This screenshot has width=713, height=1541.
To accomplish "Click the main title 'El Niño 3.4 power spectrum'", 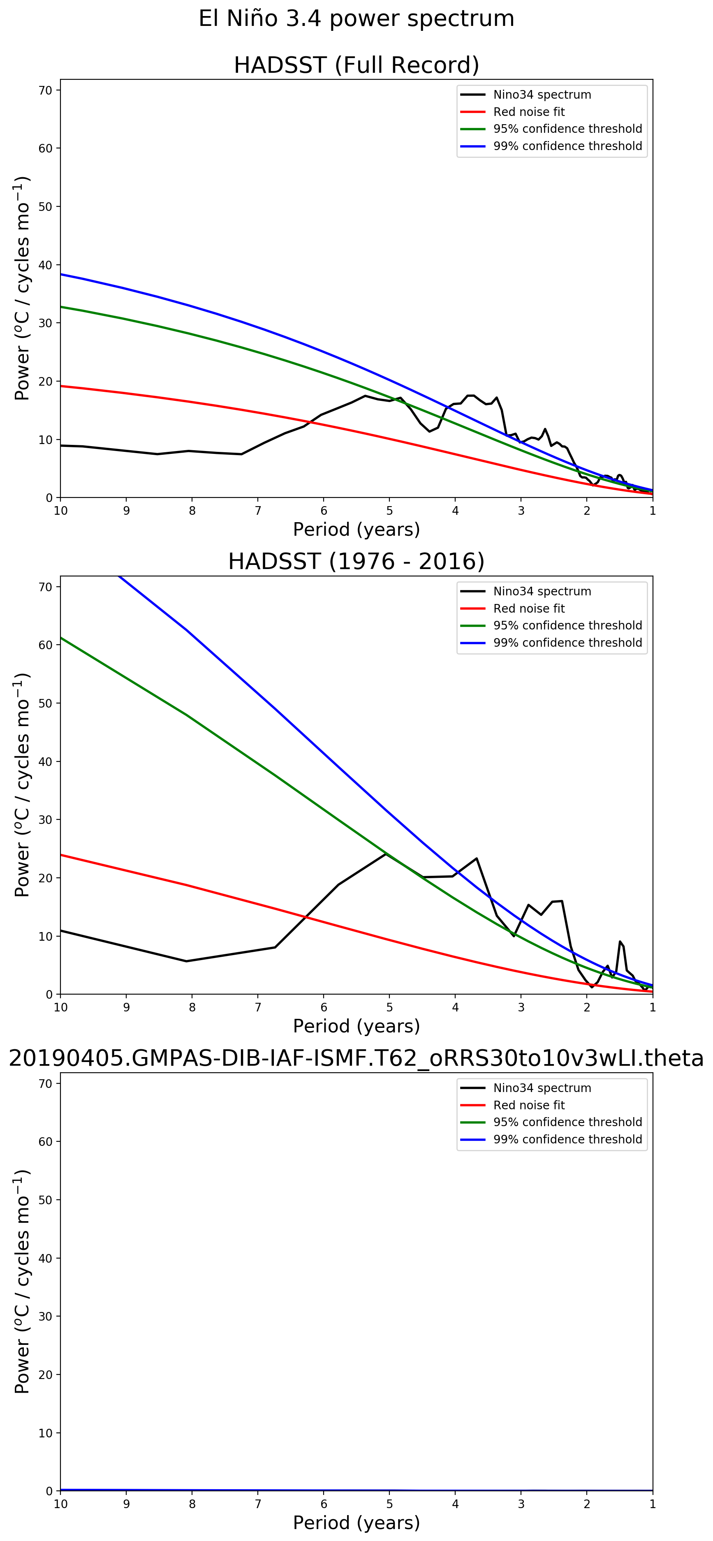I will click(356, 19).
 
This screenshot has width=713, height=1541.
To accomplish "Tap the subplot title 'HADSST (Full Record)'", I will click(356, 65).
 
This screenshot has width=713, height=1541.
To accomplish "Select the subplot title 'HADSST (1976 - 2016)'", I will click(356, 561).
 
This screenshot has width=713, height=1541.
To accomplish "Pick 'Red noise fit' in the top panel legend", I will click(529, 112).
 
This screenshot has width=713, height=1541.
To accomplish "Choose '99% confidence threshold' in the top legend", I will click(567, 146).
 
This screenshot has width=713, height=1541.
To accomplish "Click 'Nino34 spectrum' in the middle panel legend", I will click(542, 591).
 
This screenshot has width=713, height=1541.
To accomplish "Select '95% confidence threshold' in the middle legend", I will click(567, 625).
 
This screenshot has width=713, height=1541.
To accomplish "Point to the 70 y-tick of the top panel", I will click(46, 90).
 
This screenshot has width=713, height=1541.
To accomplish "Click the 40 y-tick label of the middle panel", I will click(46, 761).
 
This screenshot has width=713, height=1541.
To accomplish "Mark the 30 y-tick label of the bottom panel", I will click(46, 1316).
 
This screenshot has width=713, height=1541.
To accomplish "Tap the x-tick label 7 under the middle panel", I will click(258, 1007).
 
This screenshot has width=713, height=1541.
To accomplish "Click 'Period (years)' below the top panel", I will click(356, 530).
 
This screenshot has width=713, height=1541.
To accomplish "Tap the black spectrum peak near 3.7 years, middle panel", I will click(476, 858).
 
